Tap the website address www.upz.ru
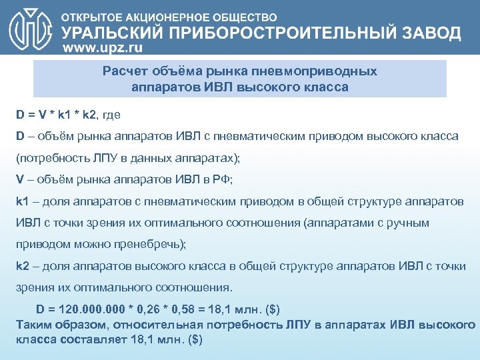coord(107,49)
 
